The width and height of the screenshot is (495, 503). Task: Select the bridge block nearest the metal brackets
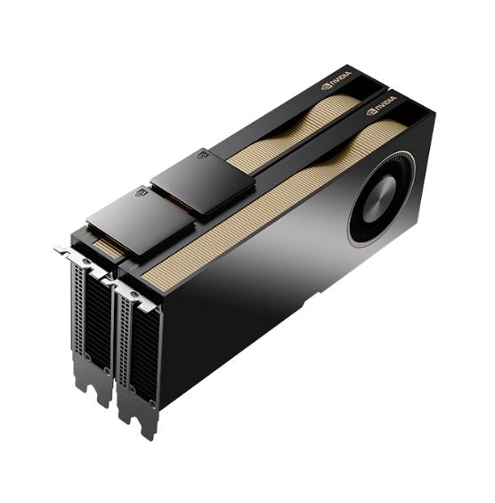tap(138, 218)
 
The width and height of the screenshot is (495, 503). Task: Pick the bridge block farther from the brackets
tap(204, 179)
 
